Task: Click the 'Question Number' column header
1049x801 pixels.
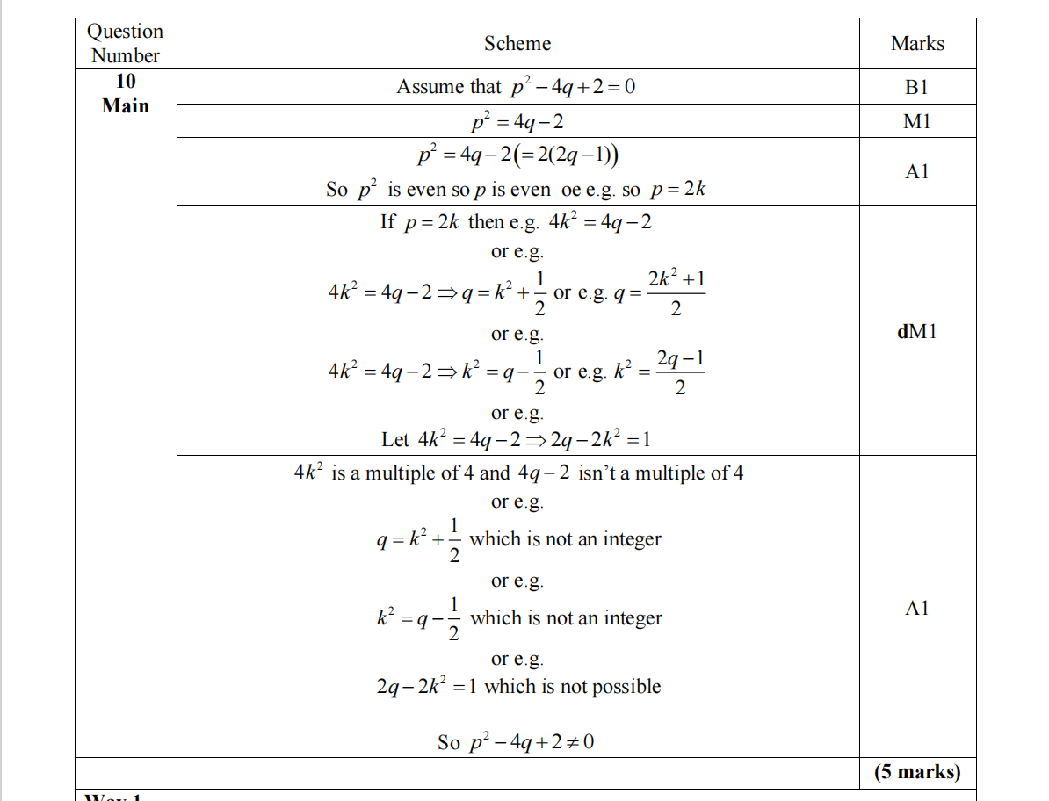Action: pos(126,43)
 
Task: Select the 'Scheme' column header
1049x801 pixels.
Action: pos(517,43)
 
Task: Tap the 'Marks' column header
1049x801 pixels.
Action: pos(917,43)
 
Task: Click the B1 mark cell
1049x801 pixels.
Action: pos(916,87)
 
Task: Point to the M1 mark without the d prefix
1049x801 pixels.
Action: pos(916,122)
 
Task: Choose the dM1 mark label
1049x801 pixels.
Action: pos(916,332)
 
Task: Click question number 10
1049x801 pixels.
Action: pos(126,82)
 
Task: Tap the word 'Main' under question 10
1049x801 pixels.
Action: pos(126,106)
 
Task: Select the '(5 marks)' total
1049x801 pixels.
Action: pos(917,772)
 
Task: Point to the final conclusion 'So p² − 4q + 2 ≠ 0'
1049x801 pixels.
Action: pos(517,742)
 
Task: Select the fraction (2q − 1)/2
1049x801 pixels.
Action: pos(680,372)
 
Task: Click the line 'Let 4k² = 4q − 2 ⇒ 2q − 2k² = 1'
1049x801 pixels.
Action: pos(517,439)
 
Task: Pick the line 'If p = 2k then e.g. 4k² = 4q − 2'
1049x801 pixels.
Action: pos(517,221)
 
